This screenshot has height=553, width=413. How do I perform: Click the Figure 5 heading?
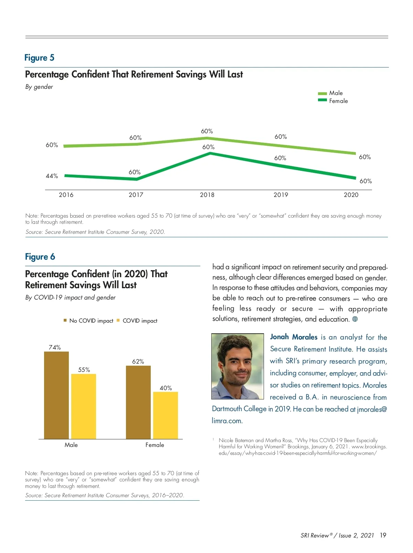pos(39,58)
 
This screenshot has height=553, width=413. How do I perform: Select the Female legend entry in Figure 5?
pos(333,101)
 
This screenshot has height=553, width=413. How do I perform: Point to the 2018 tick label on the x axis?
pos(207,195)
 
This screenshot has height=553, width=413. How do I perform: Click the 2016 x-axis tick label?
pos(66,195)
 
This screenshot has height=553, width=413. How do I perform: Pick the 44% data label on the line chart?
pos(52,176)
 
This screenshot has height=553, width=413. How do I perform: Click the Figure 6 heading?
pos(40,257)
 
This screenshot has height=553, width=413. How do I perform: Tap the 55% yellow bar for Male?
pos(84,406)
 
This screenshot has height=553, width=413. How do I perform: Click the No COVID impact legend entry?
pos(88,321)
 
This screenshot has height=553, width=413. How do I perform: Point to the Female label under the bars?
pos(155,445)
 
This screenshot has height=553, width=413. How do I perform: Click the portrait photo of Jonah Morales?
pos(237,366)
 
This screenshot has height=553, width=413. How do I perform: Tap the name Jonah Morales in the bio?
pos(294,337)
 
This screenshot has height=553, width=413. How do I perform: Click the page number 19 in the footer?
pos(383,535)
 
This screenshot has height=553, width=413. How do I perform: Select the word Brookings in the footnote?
pos(298,447)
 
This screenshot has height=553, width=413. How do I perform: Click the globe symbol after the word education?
pos(355,319)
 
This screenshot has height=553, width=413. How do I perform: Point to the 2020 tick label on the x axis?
pos(351,195)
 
